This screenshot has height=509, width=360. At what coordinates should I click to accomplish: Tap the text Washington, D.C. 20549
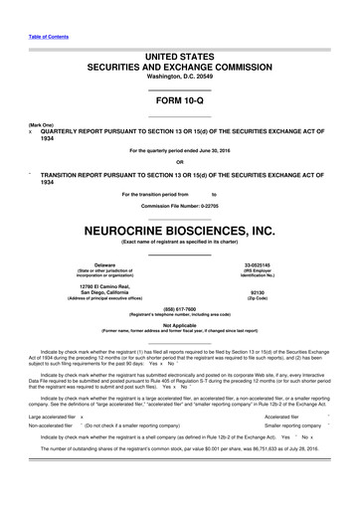180,85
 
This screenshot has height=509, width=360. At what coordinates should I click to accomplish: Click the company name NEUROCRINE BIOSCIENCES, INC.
180,228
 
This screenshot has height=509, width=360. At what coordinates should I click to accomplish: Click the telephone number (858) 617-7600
180,308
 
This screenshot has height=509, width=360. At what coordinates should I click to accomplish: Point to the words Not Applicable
180,325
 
